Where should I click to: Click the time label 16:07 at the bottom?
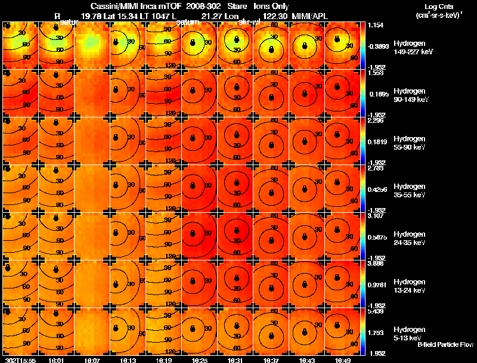point(92,360)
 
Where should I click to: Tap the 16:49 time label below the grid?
point(343,360)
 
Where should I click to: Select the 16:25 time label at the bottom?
point(200,360)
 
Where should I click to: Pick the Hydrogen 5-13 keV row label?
point(408,333)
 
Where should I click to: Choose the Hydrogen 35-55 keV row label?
point(408,190)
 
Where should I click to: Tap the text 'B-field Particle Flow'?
point(445,345)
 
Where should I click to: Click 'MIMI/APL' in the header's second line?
point(310,14)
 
